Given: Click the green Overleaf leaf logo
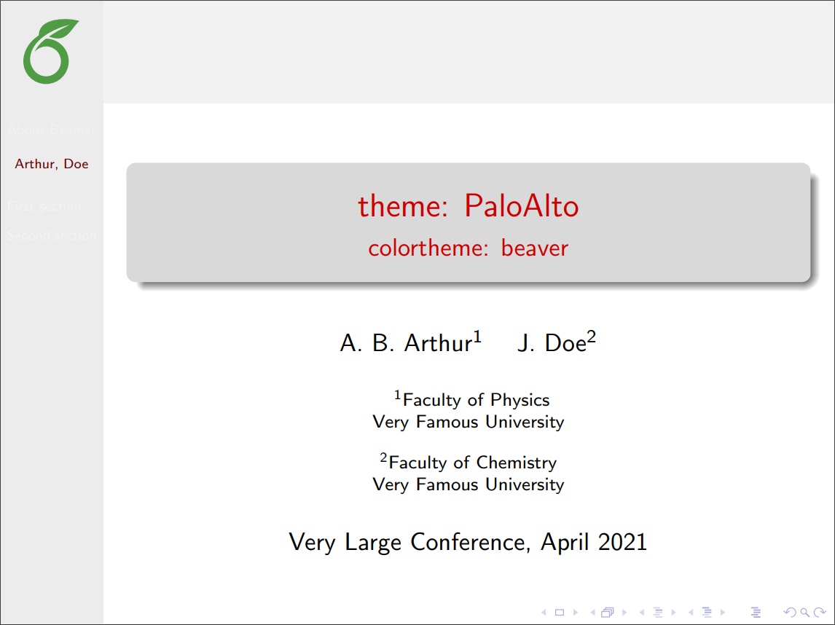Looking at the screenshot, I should (50, 52).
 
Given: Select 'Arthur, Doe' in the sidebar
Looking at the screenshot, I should (52, 164).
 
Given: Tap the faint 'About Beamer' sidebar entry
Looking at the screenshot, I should (52, 130).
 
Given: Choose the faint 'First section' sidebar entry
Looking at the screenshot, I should (44, 206).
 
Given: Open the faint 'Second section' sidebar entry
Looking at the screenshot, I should (52, 235).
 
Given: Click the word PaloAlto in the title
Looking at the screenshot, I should (521, 207).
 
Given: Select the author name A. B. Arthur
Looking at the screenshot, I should (406, 343).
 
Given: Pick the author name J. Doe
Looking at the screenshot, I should (552, 343).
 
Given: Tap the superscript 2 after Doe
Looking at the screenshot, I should (592, 337).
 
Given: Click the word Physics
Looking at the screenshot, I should (520, 400).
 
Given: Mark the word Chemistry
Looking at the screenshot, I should (516, 463).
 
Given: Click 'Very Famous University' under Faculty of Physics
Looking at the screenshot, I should (468, 422).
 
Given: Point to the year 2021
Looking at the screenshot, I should (622, 542).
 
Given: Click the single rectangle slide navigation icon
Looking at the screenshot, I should (560, 613).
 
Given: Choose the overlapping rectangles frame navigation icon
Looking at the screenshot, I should (607, 613).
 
